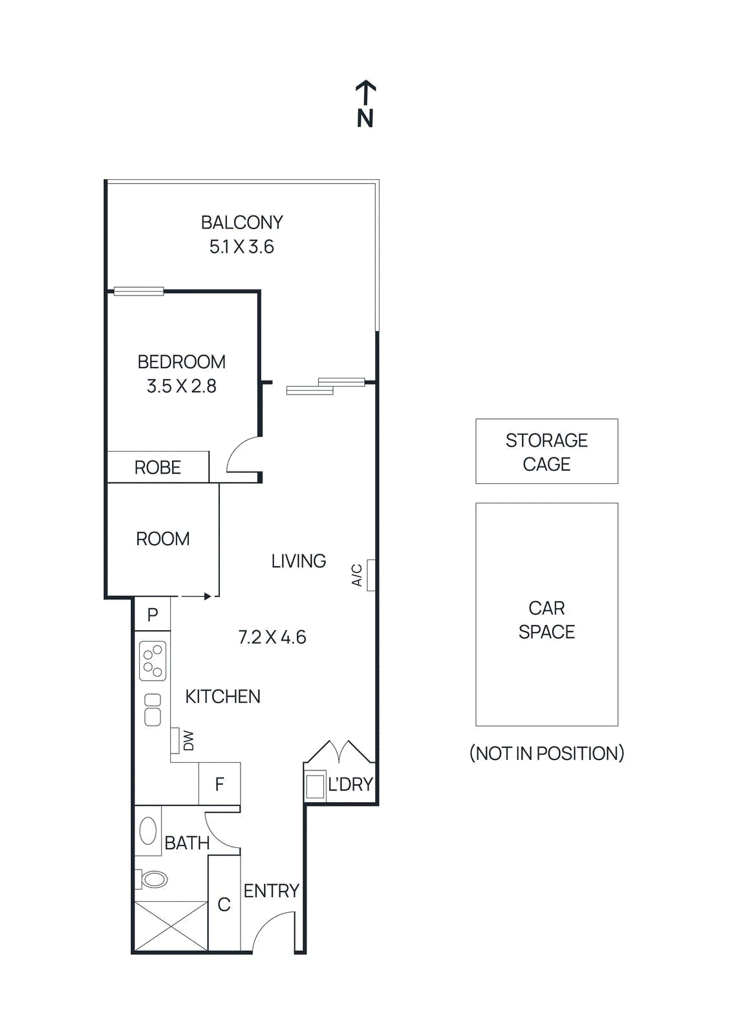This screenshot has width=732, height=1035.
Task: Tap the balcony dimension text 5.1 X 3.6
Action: tap(241, 246)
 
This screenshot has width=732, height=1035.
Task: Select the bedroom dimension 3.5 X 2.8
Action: tap(181, 386)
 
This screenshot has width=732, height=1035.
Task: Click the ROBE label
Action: tap(157, 467)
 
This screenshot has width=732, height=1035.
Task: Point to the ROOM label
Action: tap(162, 539)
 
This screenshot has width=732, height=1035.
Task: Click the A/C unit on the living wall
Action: tap(371, 575)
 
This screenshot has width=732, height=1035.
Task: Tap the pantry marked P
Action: tap(153, 615)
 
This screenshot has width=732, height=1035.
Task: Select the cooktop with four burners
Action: tap(153, 661)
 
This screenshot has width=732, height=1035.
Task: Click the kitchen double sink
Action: tap(153, 710)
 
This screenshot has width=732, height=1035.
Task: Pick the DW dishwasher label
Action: tap(188, 741)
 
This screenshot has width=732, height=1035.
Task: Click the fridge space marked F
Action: tap(219, 785)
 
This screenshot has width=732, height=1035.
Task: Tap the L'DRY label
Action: tap(350, 785)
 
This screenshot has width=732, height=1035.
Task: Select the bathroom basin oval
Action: tap(148, 831)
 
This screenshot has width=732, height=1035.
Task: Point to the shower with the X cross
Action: tap(171, 926)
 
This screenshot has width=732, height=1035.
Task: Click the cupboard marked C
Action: tap(224, 904)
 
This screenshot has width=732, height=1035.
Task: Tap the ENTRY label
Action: tap(271, 891)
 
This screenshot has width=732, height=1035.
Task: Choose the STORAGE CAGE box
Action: tap(546, 452)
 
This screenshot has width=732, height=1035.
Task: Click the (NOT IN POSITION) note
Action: tap(546, 753)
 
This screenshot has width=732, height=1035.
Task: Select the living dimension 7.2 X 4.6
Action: tap(272, 637)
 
